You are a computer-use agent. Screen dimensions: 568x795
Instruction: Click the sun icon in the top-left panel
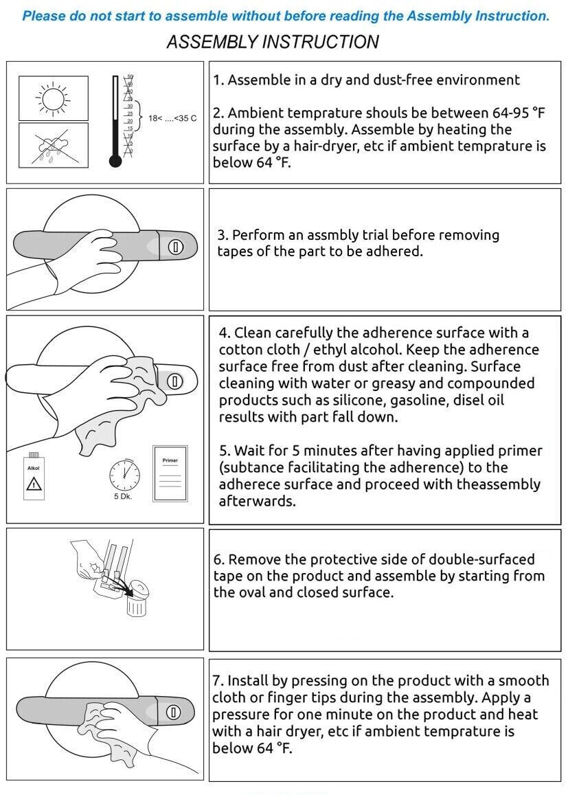pyautogui.click(x=53, y=98)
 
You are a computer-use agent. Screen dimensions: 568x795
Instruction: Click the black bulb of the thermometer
pyautogui.click(x=115, y=161)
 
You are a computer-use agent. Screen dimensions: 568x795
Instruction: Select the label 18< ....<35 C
pyautogui.click(x=172, y=118)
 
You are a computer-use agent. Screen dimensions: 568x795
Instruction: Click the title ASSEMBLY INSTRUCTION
pyautogui.click(x=273, y=42)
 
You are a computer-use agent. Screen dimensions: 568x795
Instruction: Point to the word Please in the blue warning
pyautogui.click(x=44, y=16)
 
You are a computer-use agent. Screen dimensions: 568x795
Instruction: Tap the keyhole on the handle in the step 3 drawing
pyautogui.click(x=175, y=247)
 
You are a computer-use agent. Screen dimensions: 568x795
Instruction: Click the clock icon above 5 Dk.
pyautogui.click(x=124, y=475)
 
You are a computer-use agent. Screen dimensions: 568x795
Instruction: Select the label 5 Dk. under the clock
pyautogui.click(x=123, y=496)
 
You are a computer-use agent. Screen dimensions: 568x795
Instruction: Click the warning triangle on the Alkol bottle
pyautogui.click(x=34, y=483)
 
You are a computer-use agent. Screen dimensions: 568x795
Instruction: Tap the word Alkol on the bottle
pyautogui.click(x=34, y=468)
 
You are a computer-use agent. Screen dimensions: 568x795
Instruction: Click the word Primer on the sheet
pyautogui.click(x=170, y=460)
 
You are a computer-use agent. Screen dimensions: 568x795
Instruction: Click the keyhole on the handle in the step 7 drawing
pyautogui.click(x=173, y=713)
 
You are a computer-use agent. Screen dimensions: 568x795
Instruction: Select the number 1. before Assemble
pyautogui.click(x=218, y=80)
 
